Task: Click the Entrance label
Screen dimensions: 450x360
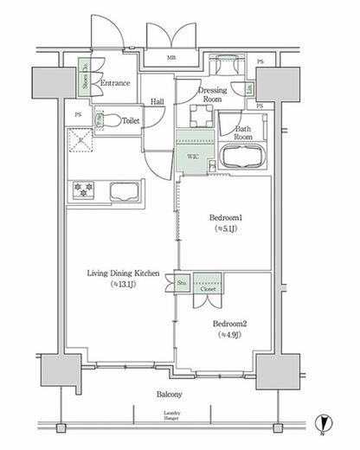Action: pyautogui.click(x=115, y=83)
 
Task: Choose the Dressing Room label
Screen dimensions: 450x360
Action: pyautogui.click(x=212, y=94)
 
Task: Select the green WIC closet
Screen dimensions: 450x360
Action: pyautogui.click(x=193, y=157)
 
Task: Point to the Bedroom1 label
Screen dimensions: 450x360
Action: pyautogui.click(x=225, y=218)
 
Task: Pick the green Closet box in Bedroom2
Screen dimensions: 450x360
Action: pyautogui.click(x=208, y=285)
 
